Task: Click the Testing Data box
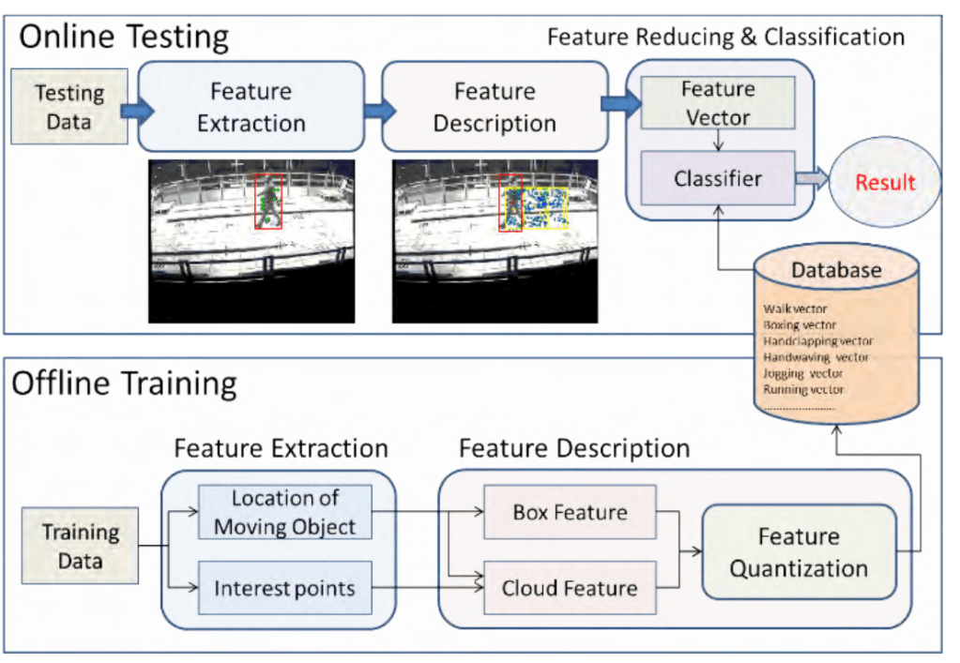point(69,107)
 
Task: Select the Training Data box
point(81,547)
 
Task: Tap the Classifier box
point(718,177)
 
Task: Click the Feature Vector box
point(718,103)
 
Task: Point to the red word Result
point(885,182)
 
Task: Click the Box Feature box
point(570,513)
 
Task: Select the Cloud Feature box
point(570,588)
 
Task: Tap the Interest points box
point(284,588)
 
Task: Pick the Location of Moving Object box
point(284,512)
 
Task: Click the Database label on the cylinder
point(836,271)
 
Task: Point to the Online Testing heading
point(124,37)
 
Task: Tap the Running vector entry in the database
point(803,389)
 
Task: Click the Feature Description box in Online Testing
point(494,107)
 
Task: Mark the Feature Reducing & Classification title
point(725,38)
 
